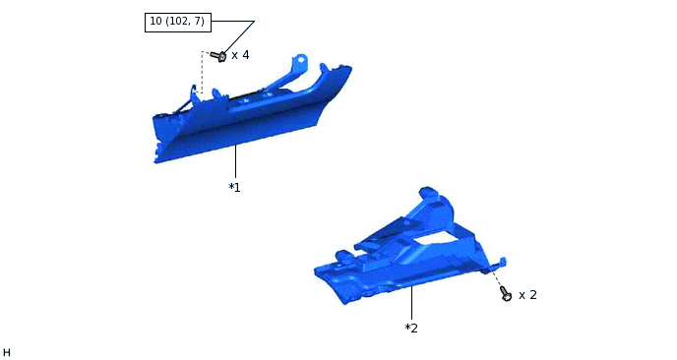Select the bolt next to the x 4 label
(x=218, y=56)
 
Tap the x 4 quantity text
(x=240, y=55)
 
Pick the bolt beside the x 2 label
(x=506, y=293)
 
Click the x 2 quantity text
(x=527, y=295)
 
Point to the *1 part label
(x=234, y=187)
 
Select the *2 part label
(x=411, y=329)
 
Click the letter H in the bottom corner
(x=7, y=353)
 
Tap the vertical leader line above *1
(x=236, y=161)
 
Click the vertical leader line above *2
(x=412, y=303)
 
